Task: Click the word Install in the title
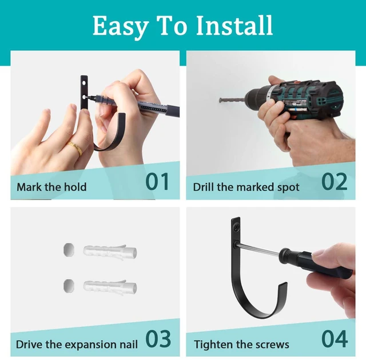pos(234,25)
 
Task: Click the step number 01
pos(157,181)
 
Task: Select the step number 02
pos(334,181)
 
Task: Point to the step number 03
pos(158,338)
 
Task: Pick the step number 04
pos(335,338)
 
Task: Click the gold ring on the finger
pos(75,148)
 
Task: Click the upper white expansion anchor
pos(110,252)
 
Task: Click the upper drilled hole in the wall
pos(69,250)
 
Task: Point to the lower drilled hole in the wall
pos(69,285)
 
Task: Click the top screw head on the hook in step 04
pos(236,226)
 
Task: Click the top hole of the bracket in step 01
pos(83,82)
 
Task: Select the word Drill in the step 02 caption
pos(204,187)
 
